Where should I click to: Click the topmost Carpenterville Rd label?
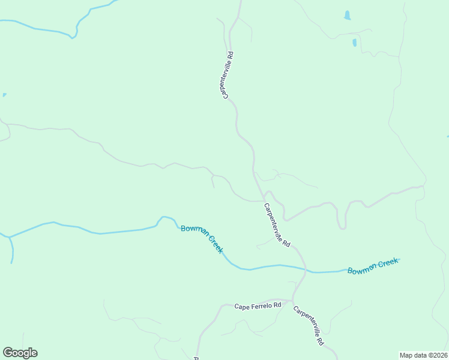click(x=228, y=75)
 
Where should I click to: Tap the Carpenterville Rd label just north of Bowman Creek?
click(x=277, y=226)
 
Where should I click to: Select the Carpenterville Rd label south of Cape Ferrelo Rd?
click(x=309, y=325)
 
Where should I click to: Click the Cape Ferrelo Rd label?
click(x=258, y=306)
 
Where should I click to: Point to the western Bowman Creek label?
click(x=202, y=239)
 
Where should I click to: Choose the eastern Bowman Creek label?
click(x=373, y=266)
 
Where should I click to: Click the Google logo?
click(x=20, y=353)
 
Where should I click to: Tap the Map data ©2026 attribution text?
click(x=423, y=355)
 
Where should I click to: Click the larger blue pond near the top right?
click(x=347, y=16)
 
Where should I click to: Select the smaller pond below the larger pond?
click(x=354, y=43)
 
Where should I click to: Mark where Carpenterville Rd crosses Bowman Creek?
click(x=306, y=271)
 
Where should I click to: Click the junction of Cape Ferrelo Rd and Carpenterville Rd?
click(x=292, y=300)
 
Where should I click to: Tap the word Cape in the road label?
click(x=241, y=307)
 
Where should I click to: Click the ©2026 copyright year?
click(x=437, y=355)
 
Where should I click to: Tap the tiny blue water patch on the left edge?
click(x=4, y=95)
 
